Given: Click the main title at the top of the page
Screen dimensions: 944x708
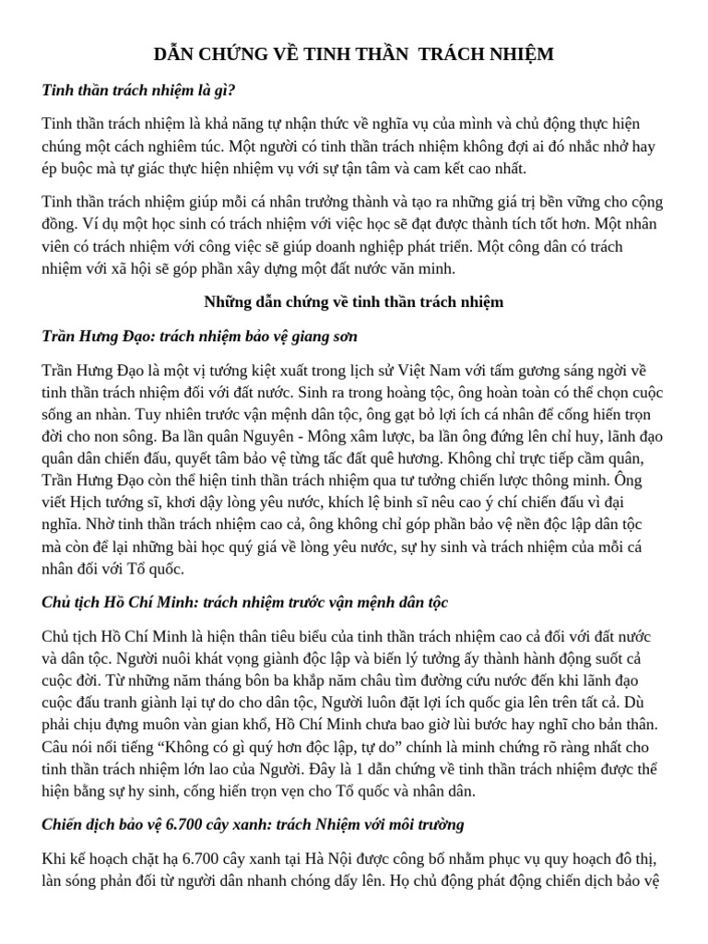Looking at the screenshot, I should tap(354, 54).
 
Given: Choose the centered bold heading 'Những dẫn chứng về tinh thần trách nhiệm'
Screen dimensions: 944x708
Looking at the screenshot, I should tap(353, 302).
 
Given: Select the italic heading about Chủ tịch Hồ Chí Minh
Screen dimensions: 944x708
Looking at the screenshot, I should tap(245, 602).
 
